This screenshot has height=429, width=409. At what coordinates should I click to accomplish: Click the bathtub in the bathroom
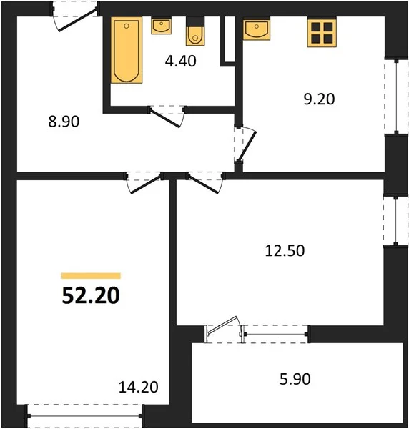click(127, 50)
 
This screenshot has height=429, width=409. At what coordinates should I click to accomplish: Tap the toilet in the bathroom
click(195, 31)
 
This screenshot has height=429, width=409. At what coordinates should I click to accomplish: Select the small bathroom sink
click(161, 26)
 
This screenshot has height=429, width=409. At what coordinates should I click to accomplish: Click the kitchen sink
click(257, 29)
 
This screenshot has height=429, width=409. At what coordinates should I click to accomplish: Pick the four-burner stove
click(322, 33)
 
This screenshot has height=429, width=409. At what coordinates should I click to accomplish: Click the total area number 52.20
click(91, 296)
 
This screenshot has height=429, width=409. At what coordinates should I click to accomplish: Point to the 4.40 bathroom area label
click(181, 61)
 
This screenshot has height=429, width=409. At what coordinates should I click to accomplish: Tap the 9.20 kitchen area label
click(319, 99)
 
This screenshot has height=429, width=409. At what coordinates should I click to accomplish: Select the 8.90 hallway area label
click(64, 122)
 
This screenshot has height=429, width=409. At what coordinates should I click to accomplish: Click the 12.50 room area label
click(285, 251)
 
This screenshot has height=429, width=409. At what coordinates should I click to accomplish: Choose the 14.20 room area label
click(138, 387)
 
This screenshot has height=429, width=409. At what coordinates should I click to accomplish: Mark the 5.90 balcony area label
click(295, 379)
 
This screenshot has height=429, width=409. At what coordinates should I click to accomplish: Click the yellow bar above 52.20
click(91, 276)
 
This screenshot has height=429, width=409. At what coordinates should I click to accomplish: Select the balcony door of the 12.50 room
click(223, 330)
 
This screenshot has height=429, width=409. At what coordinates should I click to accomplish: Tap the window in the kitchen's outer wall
click(396, 97)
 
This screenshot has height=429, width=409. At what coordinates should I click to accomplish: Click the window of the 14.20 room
click(85, 416)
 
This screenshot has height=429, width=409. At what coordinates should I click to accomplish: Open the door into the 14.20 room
click(144, 182)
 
